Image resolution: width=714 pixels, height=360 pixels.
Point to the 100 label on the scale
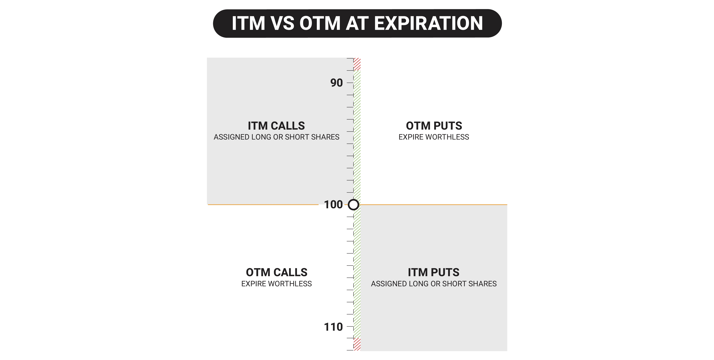tap(333, 205)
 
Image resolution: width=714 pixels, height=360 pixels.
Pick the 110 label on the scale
tap(333, 327)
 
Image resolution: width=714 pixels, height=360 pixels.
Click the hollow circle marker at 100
tap(353, 205)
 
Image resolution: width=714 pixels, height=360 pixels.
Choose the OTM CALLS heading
tap(277, 272)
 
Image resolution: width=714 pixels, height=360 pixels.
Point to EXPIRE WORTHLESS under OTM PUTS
tap(434, 137)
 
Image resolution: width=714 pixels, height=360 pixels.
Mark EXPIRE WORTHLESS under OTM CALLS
tap(277, 284)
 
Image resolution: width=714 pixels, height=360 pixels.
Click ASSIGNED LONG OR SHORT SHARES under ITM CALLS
tap(276, 137)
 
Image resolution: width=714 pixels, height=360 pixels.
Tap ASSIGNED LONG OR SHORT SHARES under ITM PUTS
tap(434, 284)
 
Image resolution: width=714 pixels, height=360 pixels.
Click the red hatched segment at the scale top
tap(357, 64)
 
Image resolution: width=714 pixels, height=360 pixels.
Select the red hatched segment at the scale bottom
tap(357, 344)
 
